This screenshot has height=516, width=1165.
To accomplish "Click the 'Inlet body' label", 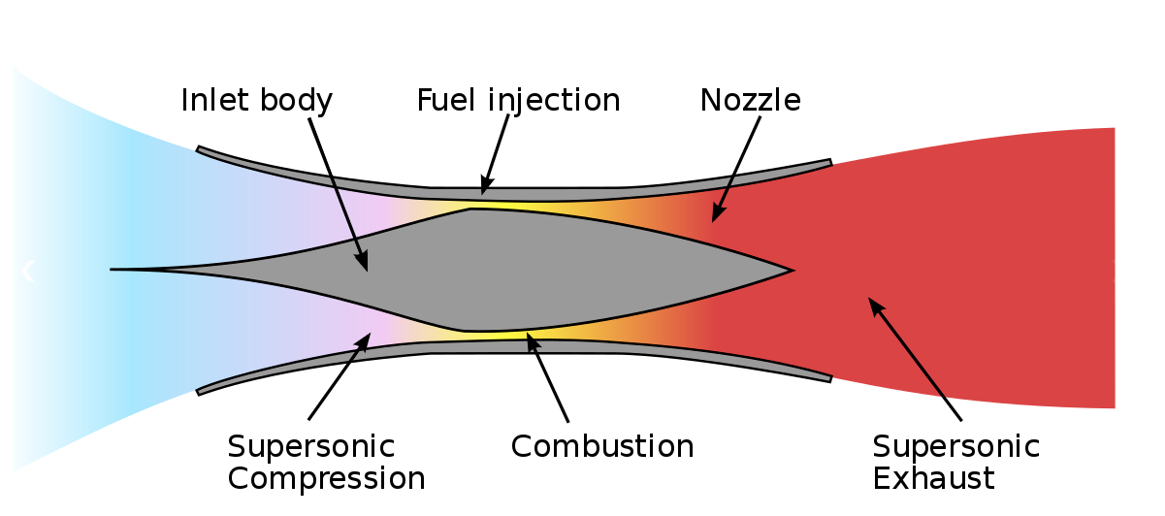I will click(x=256, y=100).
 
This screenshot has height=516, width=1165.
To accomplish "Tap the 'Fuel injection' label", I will click(x=518, y=100).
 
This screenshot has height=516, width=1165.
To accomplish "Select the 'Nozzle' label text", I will click(x=750, y=100).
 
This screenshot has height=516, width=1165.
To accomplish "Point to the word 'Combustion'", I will click(x=601, y=446).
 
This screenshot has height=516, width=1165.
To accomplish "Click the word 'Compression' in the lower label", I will click(x=326, y=478).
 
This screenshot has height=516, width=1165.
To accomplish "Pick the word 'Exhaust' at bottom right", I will click(x=933, y=478).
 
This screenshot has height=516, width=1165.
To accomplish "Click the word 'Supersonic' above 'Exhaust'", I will click(x=955, y=446).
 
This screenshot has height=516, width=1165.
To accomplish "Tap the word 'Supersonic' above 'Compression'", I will click(x=311, y=446).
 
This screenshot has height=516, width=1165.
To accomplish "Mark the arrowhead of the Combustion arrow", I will click(x=529, y=336).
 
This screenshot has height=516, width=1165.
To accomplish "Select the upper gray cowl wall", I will click(x=514, y=182).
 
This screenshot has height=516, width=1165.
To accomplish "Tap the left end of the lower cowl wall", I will click(x=200, y=391).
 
